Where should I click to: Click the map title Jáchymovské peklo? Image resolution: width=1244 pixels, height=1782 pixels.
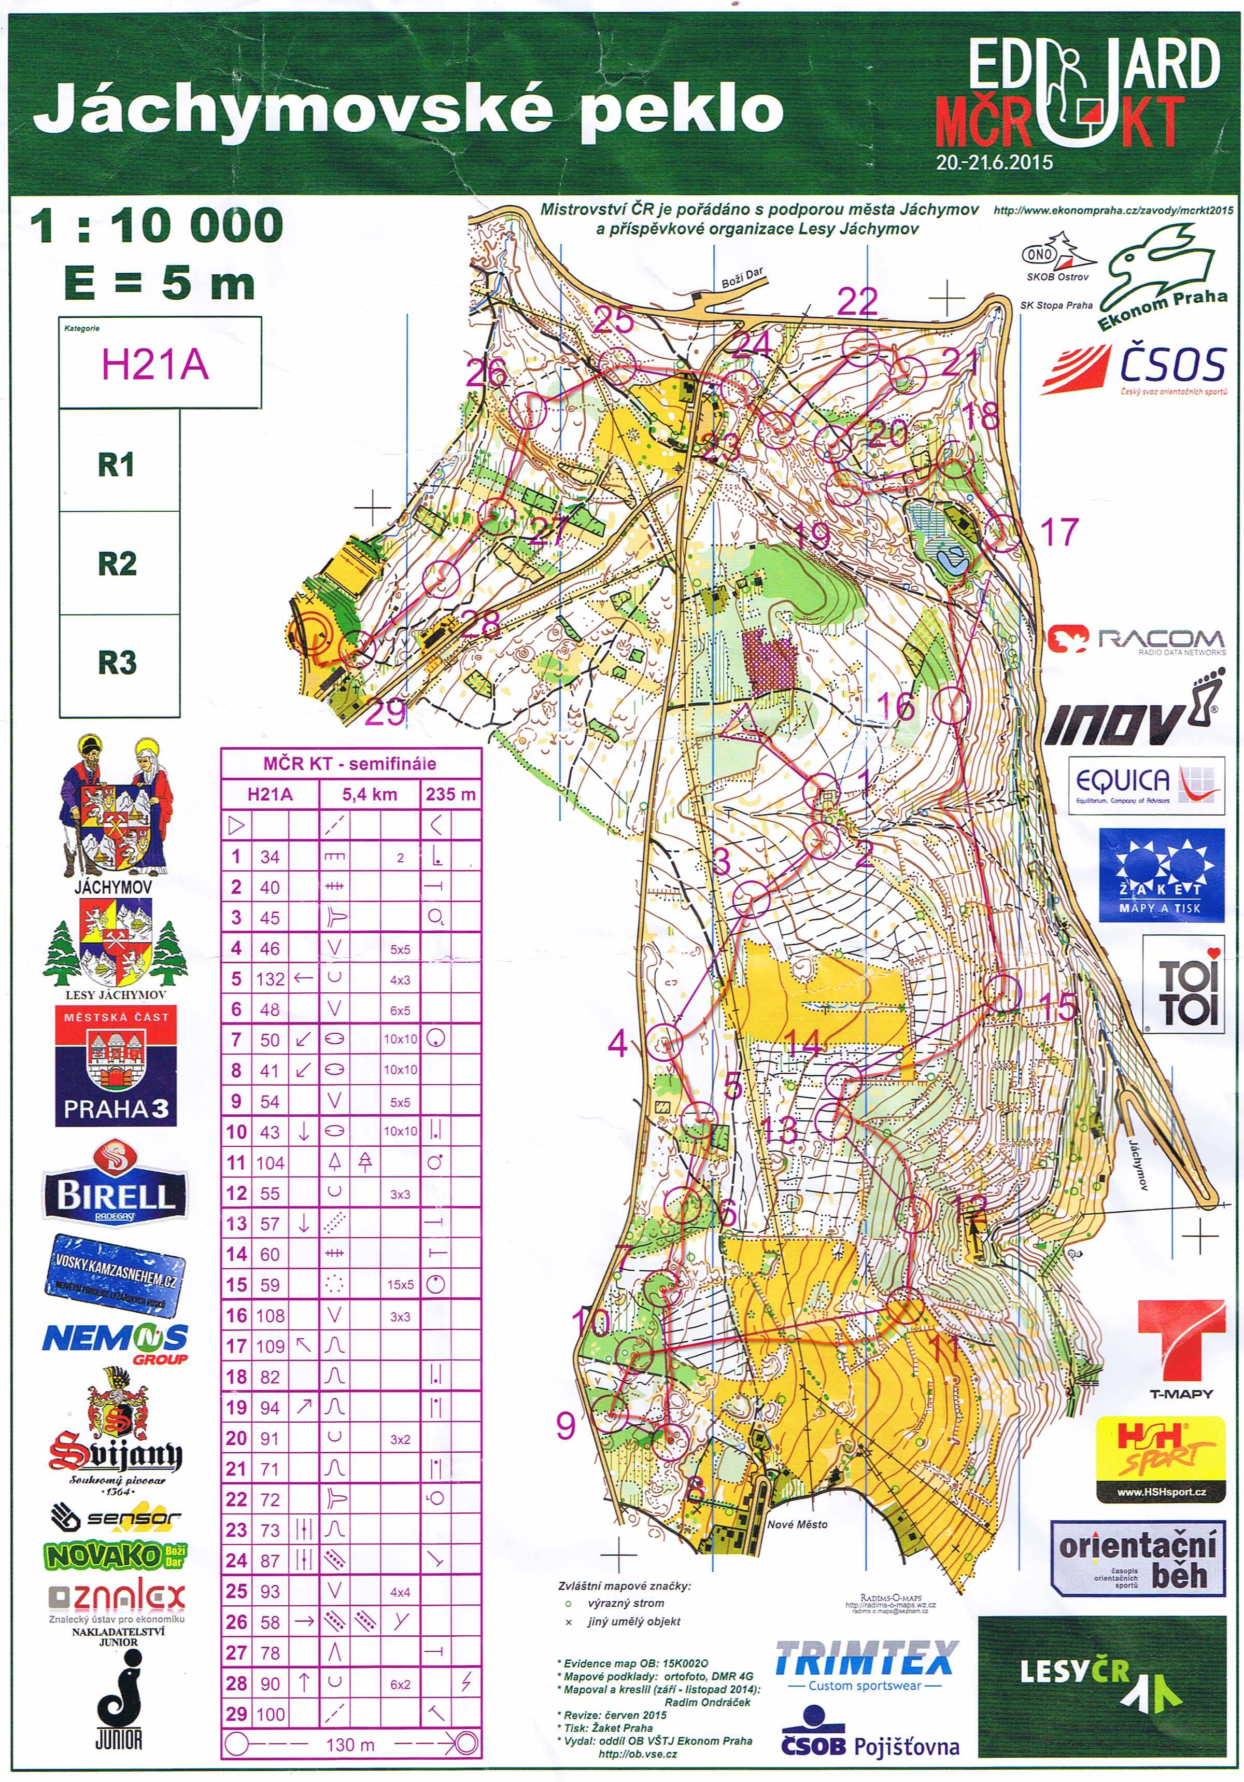[x=407, y=109]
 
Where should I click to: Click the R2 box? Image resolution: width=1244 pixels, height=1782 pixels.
[x=118, y=564]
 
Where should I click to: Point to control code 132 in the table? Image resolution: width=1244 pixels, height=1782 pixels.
[x=270, y=979]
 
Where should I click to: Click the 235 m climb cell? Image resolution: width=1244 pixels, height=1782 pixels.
[x=450, y=794]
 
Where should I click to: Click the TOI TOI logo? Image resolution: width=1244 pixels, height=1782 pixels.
[x=1183, y=986]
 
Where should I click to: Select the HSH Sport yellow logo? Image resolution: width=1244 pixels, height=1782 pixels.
[x=1161, y=1457]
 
